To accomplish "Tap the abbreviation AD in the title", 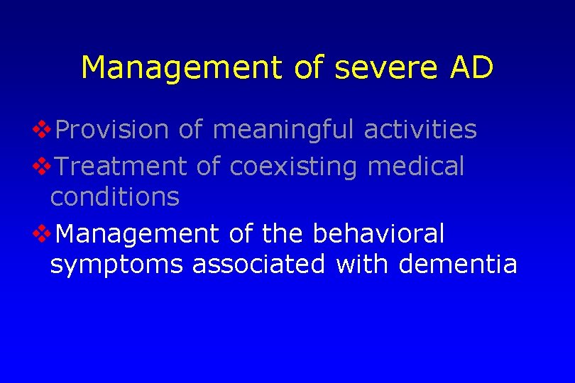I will (470, 68).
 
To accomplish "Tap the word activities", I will (420, 130).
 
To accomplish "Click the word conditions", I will (115, 196).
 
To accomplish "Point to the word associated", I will (258, 264).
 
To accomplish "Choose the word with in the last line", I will (362, 264).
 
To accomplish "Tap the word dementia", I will (458, 264).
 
